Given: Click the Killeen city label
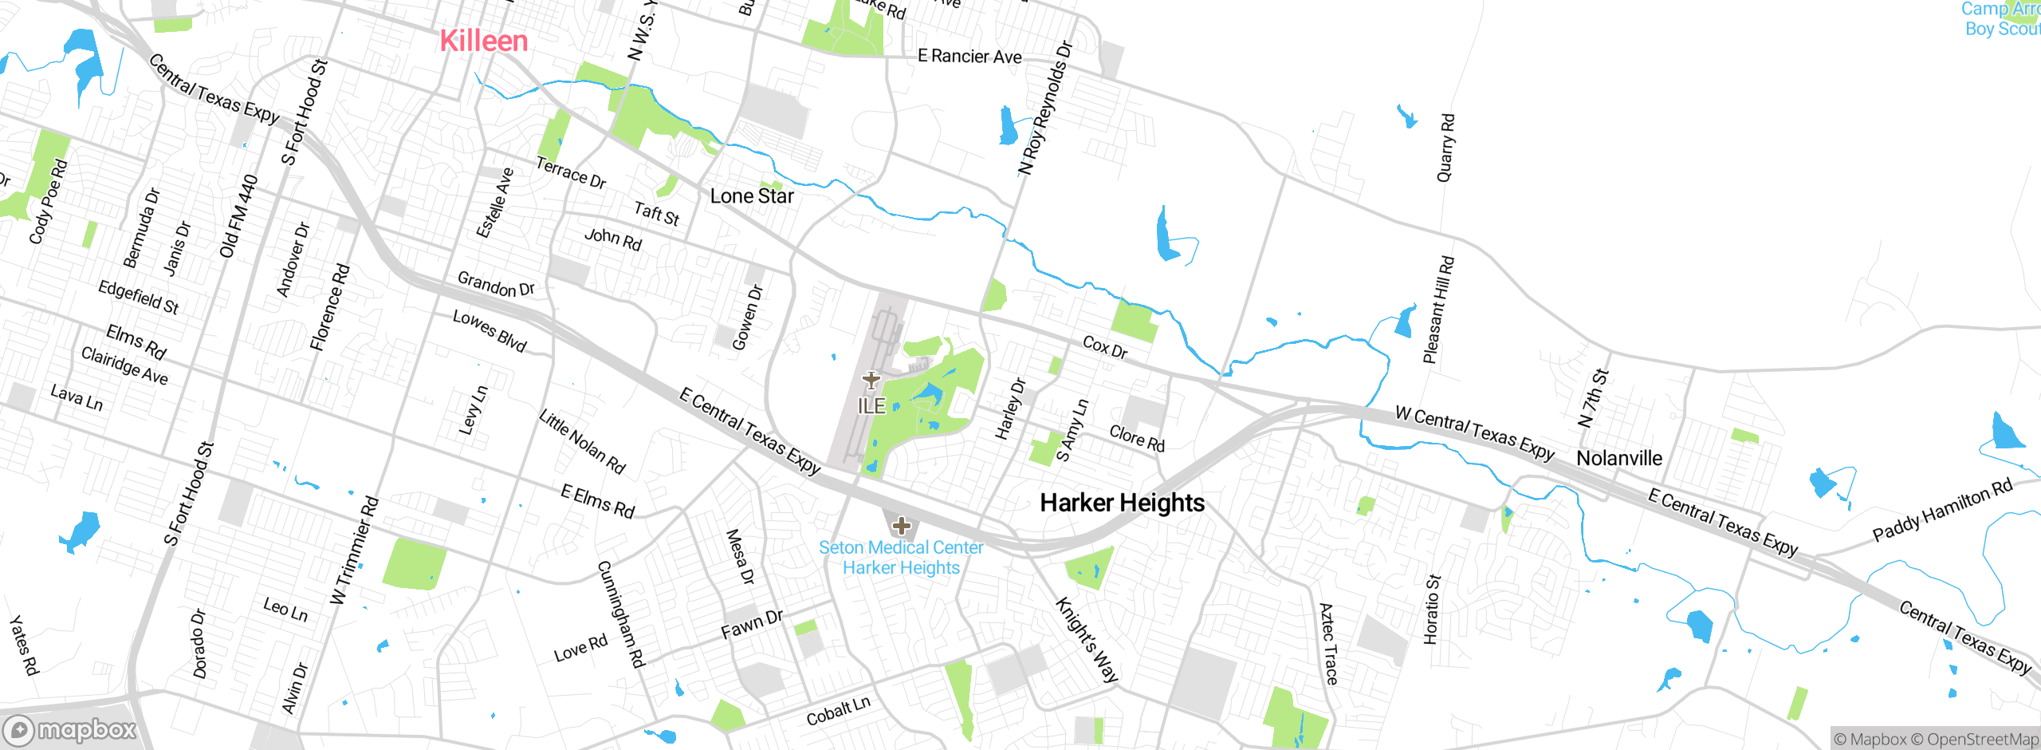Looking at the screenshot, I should (484, 41).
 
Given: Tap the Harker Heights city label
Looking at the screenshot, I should (1122, 503).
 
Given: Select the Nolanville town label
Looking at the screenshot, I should (1619, 458).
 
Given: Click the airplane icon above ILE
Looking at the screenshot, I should (871, 381).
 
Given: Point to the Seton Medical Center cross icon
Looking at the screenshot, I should (902, 526).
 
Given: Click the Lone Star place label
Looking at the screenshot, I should (752, 196).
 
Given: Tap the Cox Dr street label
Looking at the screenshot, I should (1105, 347).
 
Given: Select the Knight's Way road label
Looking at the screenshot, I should (1087, 640).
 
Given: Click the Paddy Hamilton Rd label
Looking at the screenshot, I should (1942, 511).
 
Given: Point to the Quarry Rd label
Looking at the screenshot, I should (1445, 148).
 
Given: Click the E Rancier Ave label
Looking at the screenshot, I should (969, 56).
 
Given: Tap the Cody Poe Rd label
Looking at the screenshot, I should (49, 201).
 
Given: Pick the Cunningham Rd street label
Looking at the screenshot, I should (620, 614).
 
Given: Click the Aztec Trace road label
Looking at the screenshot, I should (1328, 644).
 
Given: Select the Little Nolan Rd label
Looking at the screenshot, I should (582, 442).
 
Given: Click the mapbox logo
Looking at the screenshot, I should (70, 730).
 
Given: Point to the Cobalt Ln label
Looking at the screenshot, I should (838, 710).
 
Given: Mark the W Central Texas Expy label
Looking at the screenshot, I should (1475, 433).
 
